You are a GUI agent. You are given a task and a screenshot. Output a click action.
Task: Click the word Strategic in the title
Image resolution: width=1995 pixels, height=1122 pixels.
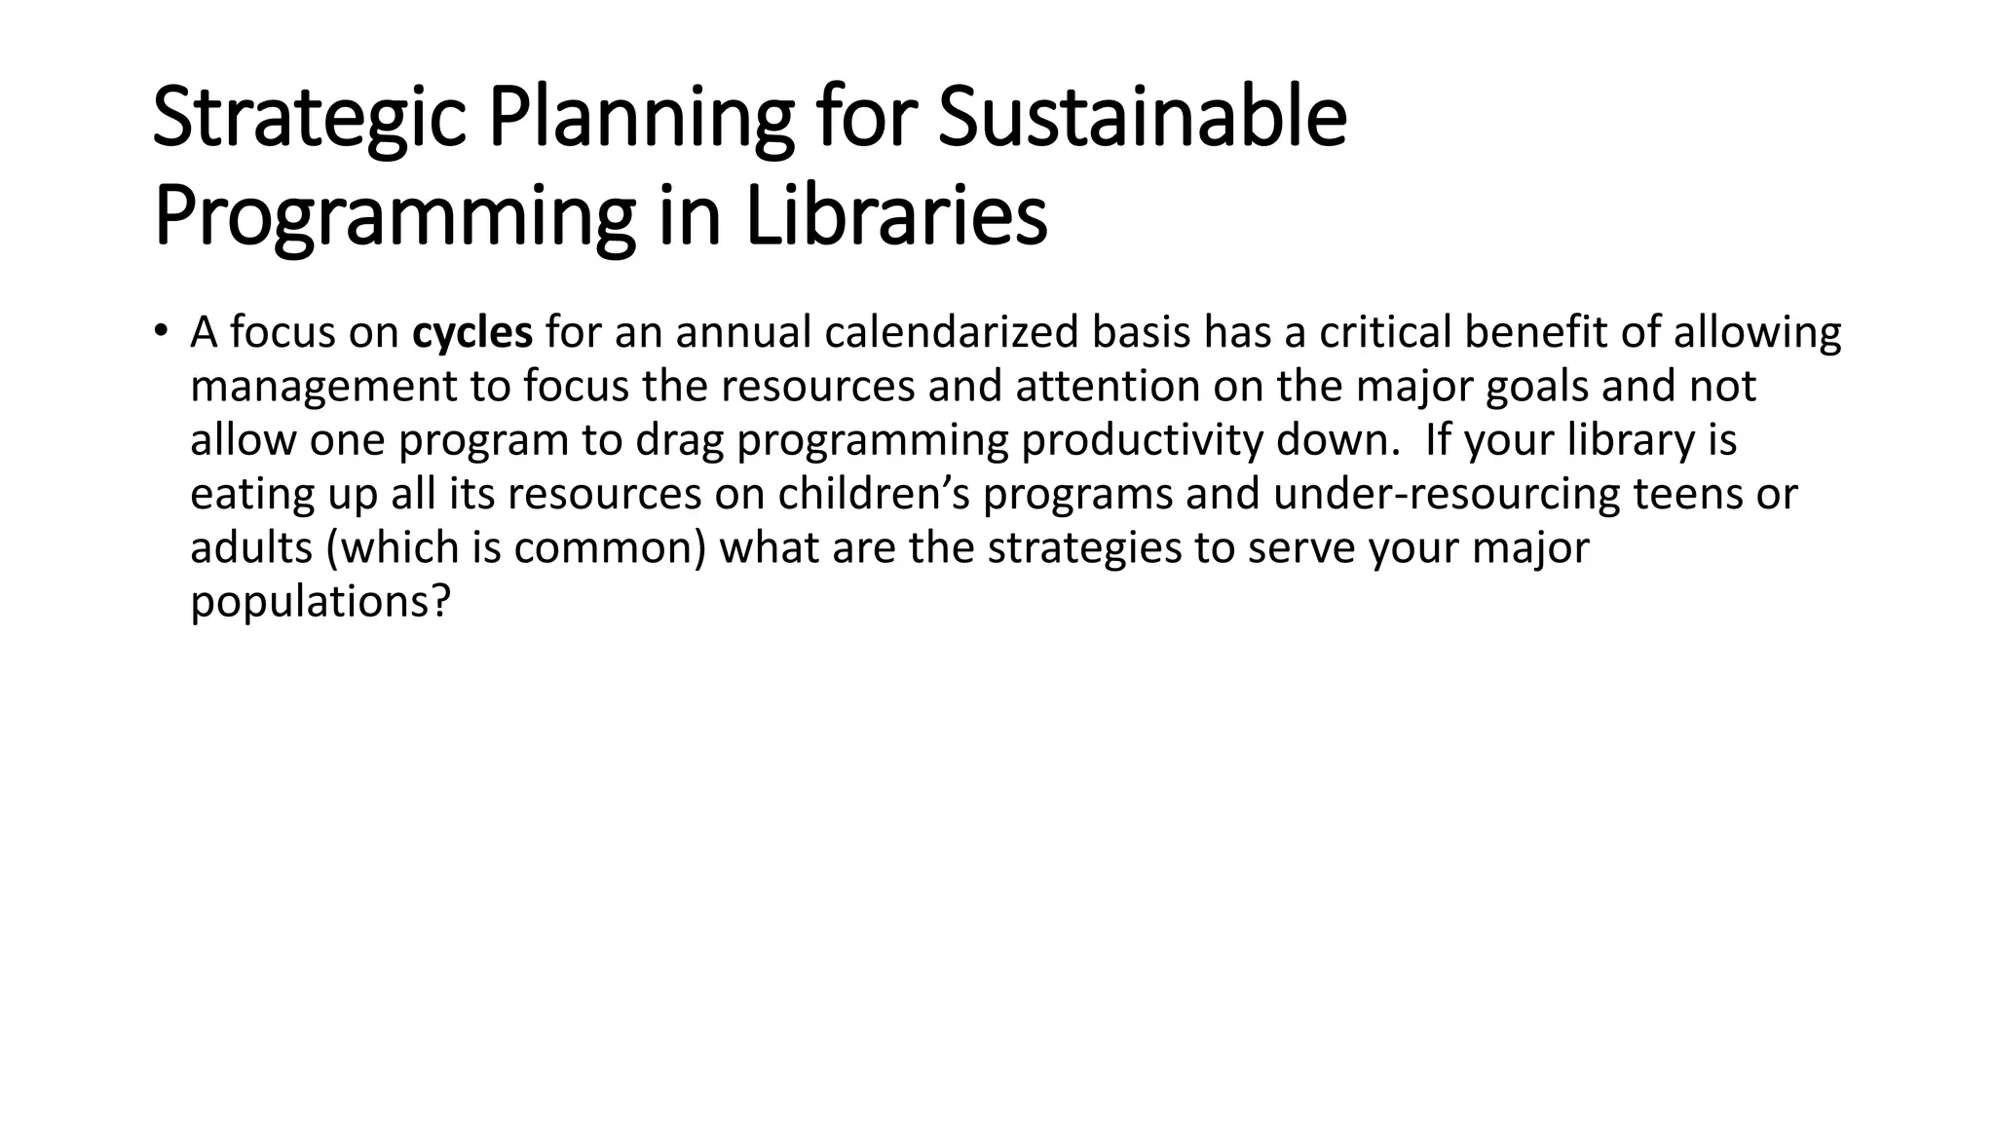point(309,120)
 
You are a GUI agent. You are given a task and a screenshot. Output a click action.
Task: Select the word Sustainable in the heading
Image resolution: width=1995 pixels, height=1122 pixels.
point(1142,118)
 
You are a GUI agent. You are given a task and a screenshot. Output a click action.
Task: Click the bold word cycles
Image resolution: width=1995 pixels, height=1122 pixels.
point(472,333)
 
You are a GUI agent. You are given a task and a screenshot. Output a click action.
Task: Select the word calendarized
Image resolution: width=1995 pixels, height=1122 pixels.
point(952,332)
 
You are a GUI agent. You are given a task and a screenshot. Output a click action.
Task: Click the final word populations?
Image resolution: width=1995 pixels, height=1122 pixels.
point(320,602)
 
